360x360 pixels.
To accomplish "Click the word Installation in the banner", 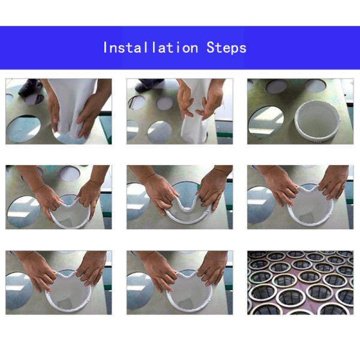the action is click(151, 48).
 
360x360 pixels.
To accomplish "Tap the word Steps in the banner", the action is click(226, 48).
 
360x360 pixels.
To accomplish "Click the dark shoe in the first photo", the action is click(31, 87).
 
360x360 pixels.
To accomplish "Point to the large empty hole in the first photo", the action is click(23, 129).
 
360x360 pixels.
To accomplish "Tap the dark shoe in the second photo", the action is click(149, 85).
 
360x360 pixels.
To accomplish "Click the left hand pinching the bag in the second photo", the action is click(185, 101).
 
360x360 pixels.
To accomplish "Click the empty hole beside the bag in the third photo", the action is click(266, 122).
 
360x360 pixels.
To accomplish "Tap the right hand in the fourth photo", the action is click(89, 196).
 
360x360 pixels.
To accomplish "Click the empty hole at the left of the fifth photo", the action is click(137, 202).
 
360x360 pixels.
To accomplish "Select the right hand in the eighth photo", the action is click(212, 269).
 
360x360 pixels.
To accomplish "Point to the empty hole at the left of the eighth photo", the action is click(140, 290).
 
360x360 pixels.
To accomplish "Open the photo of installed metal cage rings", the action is click(301, 283).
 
